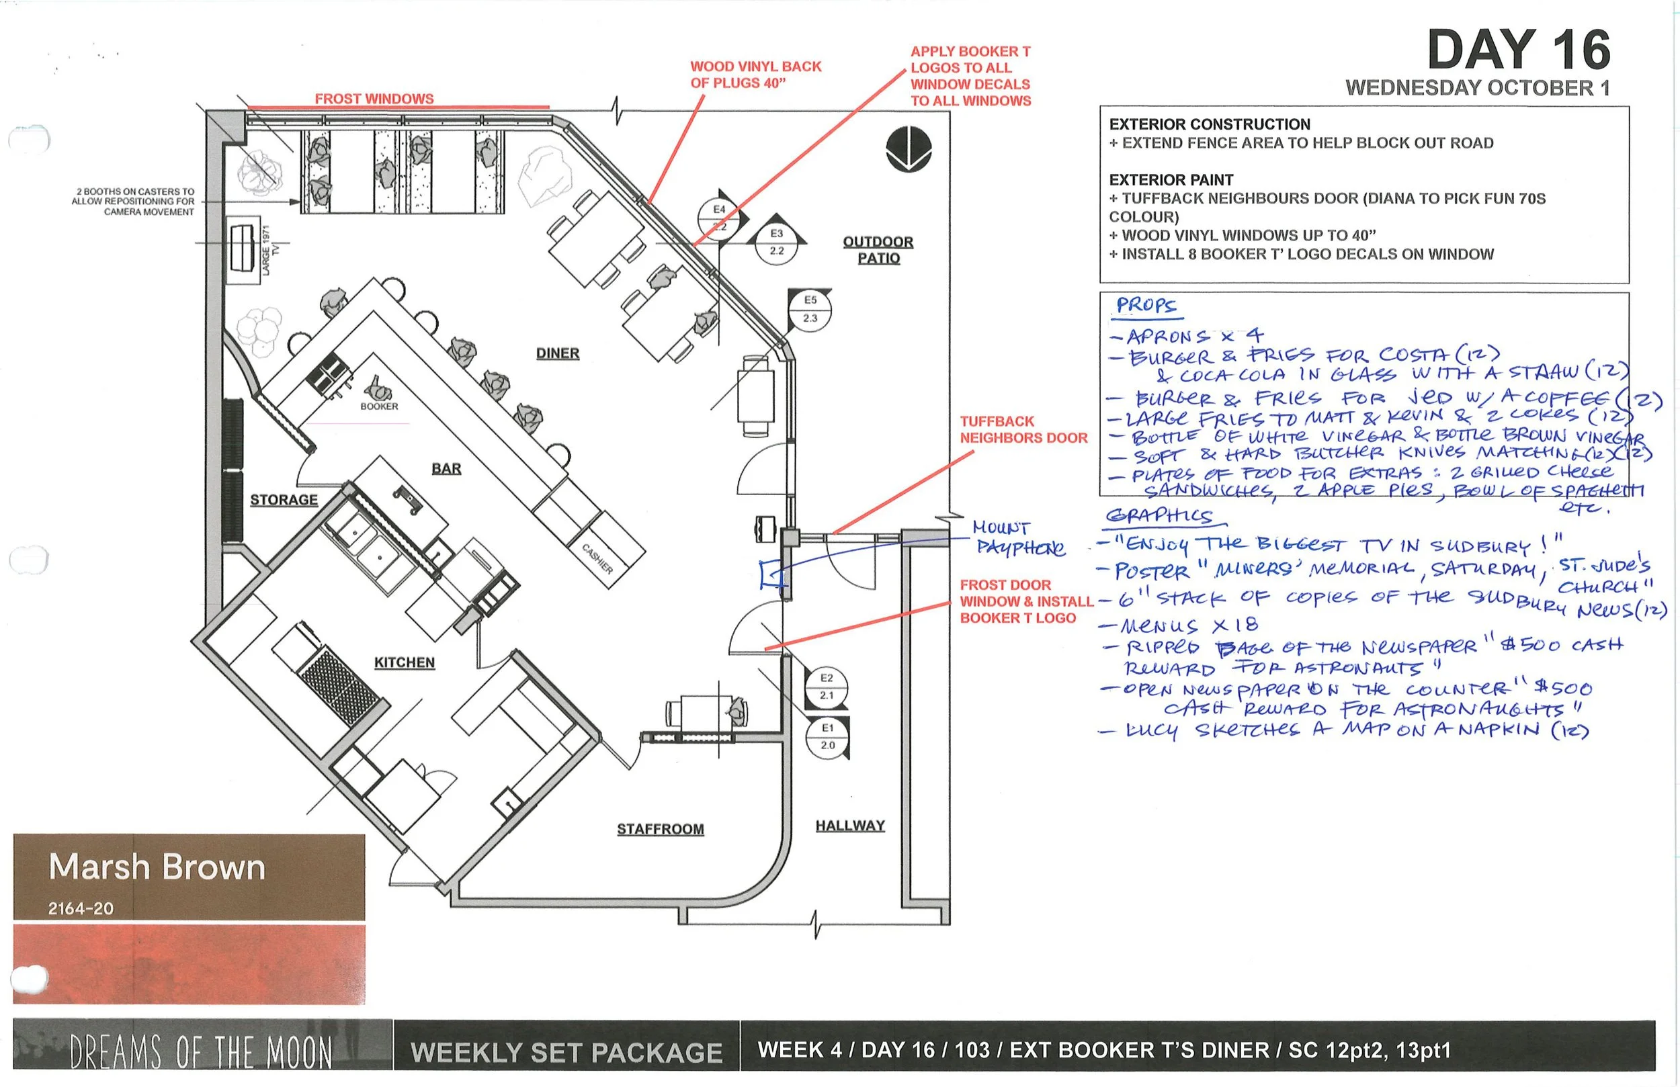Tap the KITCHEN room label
pos(404,662)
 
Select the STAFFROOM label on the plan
pos(660,828)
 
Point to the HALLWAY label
pos(850,825)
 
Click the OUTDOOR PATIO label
pos(878,250)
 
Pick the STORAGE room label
pos(284,500)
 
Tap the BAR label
pos(446,469)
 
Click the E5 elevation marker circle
pos(810,309)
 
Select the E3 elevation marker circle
pos(776,242)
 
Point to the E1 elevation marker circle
pos(827,736)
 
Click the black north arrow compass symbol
pos(909,149)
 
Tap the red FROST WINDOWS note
pos(374,99)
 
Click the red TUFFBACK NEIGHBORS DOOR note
pos(1023,429)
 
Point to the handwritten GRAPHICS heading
pos(1158,516)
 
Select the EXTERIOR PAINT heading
pos(1171,180)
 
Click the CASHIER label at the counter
pos(597,558)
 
